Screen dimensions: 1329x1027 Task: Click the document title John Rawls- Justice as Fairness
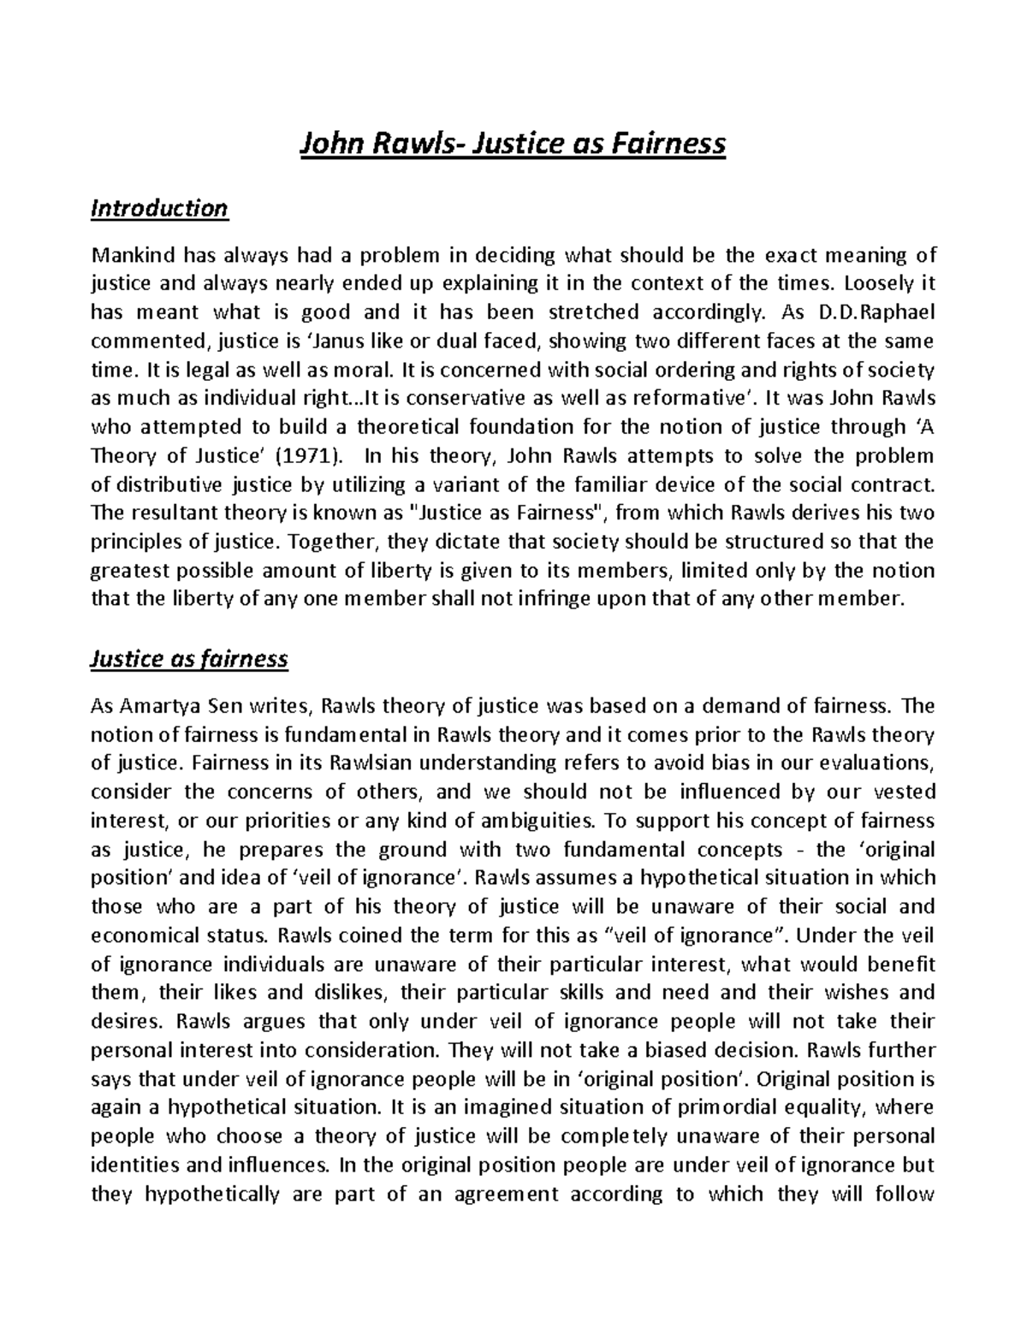point(512,144)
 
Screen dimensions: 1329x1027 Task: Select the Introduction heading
point(159,209)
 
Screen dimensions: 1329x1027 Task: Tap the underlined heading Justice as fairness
point(189,659)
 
